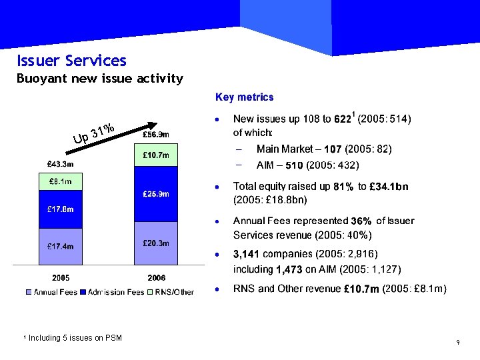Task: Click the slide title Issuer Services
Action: tap(71, 61)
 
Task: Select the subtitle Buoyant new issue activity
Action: tap(99, 79)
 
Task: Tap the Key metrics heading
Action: tap(244, 97)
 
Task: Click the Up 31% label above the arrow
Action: tap(94, 133)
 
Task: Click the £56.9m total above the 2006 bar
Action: tap(156, 134)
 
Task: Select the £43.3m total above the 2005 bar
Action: tap(60, 163)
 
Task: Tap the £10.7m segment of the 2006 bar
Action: tap(156, 155)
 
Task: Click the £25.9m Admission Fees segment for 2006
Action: tap(156, 194)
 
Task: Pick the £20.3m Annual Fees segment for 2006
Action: tap(156, 243)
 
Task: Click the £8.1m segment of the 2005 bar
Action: tap(60, 181)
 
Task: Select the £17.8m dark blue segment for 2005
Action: tap(60, 209)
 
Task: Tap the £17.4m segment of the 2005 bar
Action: tap(60, 246)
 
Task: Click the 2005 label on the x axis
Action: tap(61, 277)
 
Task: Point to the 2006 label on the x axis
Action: tap(156, 277)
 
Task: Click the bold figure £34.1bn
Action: tap(389, 187)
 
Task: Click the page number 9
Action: tap(458, 343)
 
